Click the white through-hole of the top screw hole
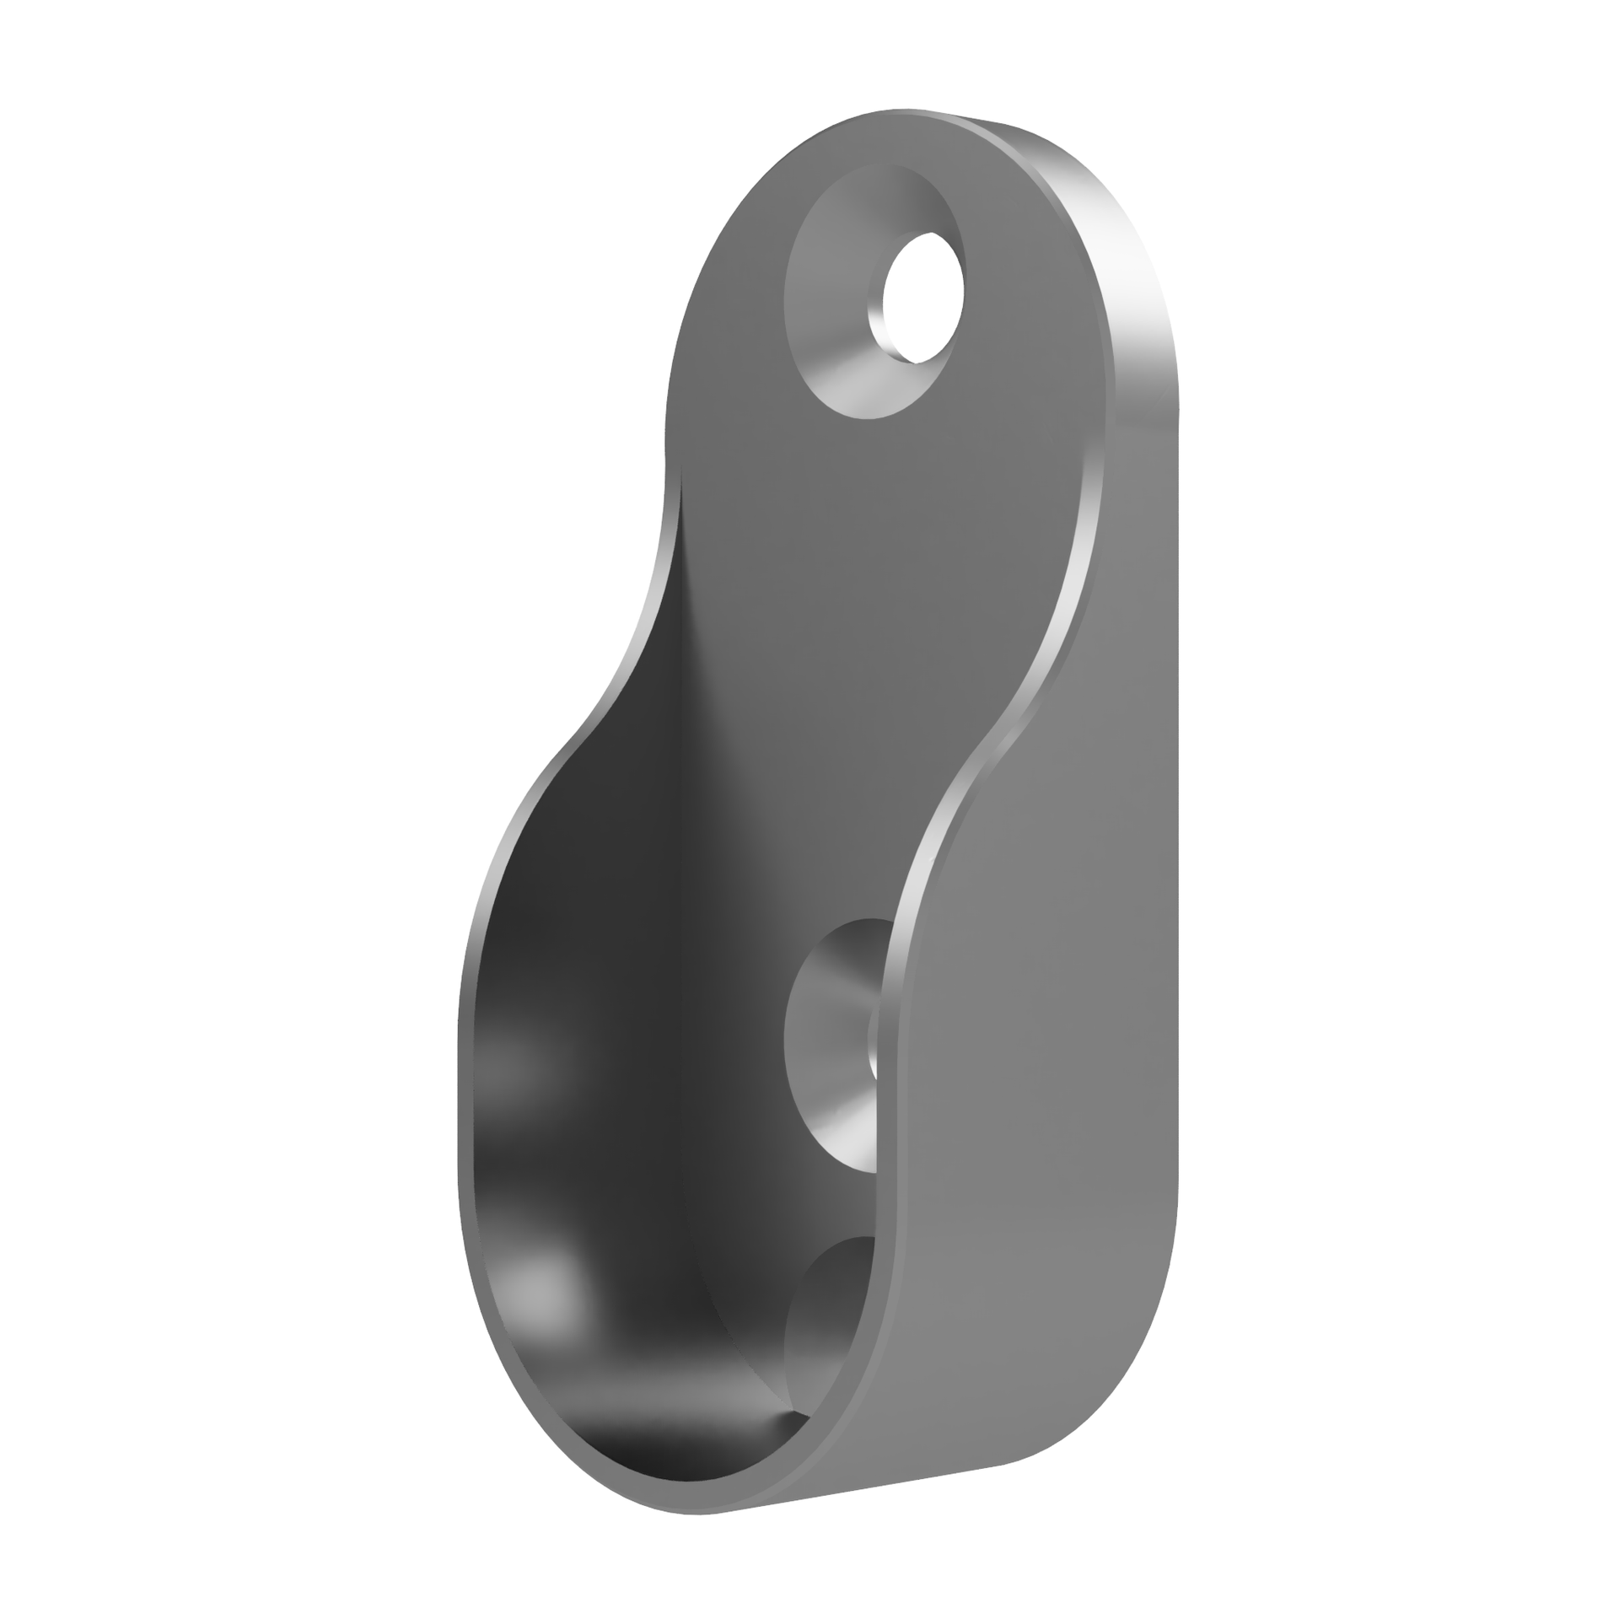[x=922, y=297]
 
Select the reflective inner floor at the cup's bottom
[x=675, y=1442]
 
